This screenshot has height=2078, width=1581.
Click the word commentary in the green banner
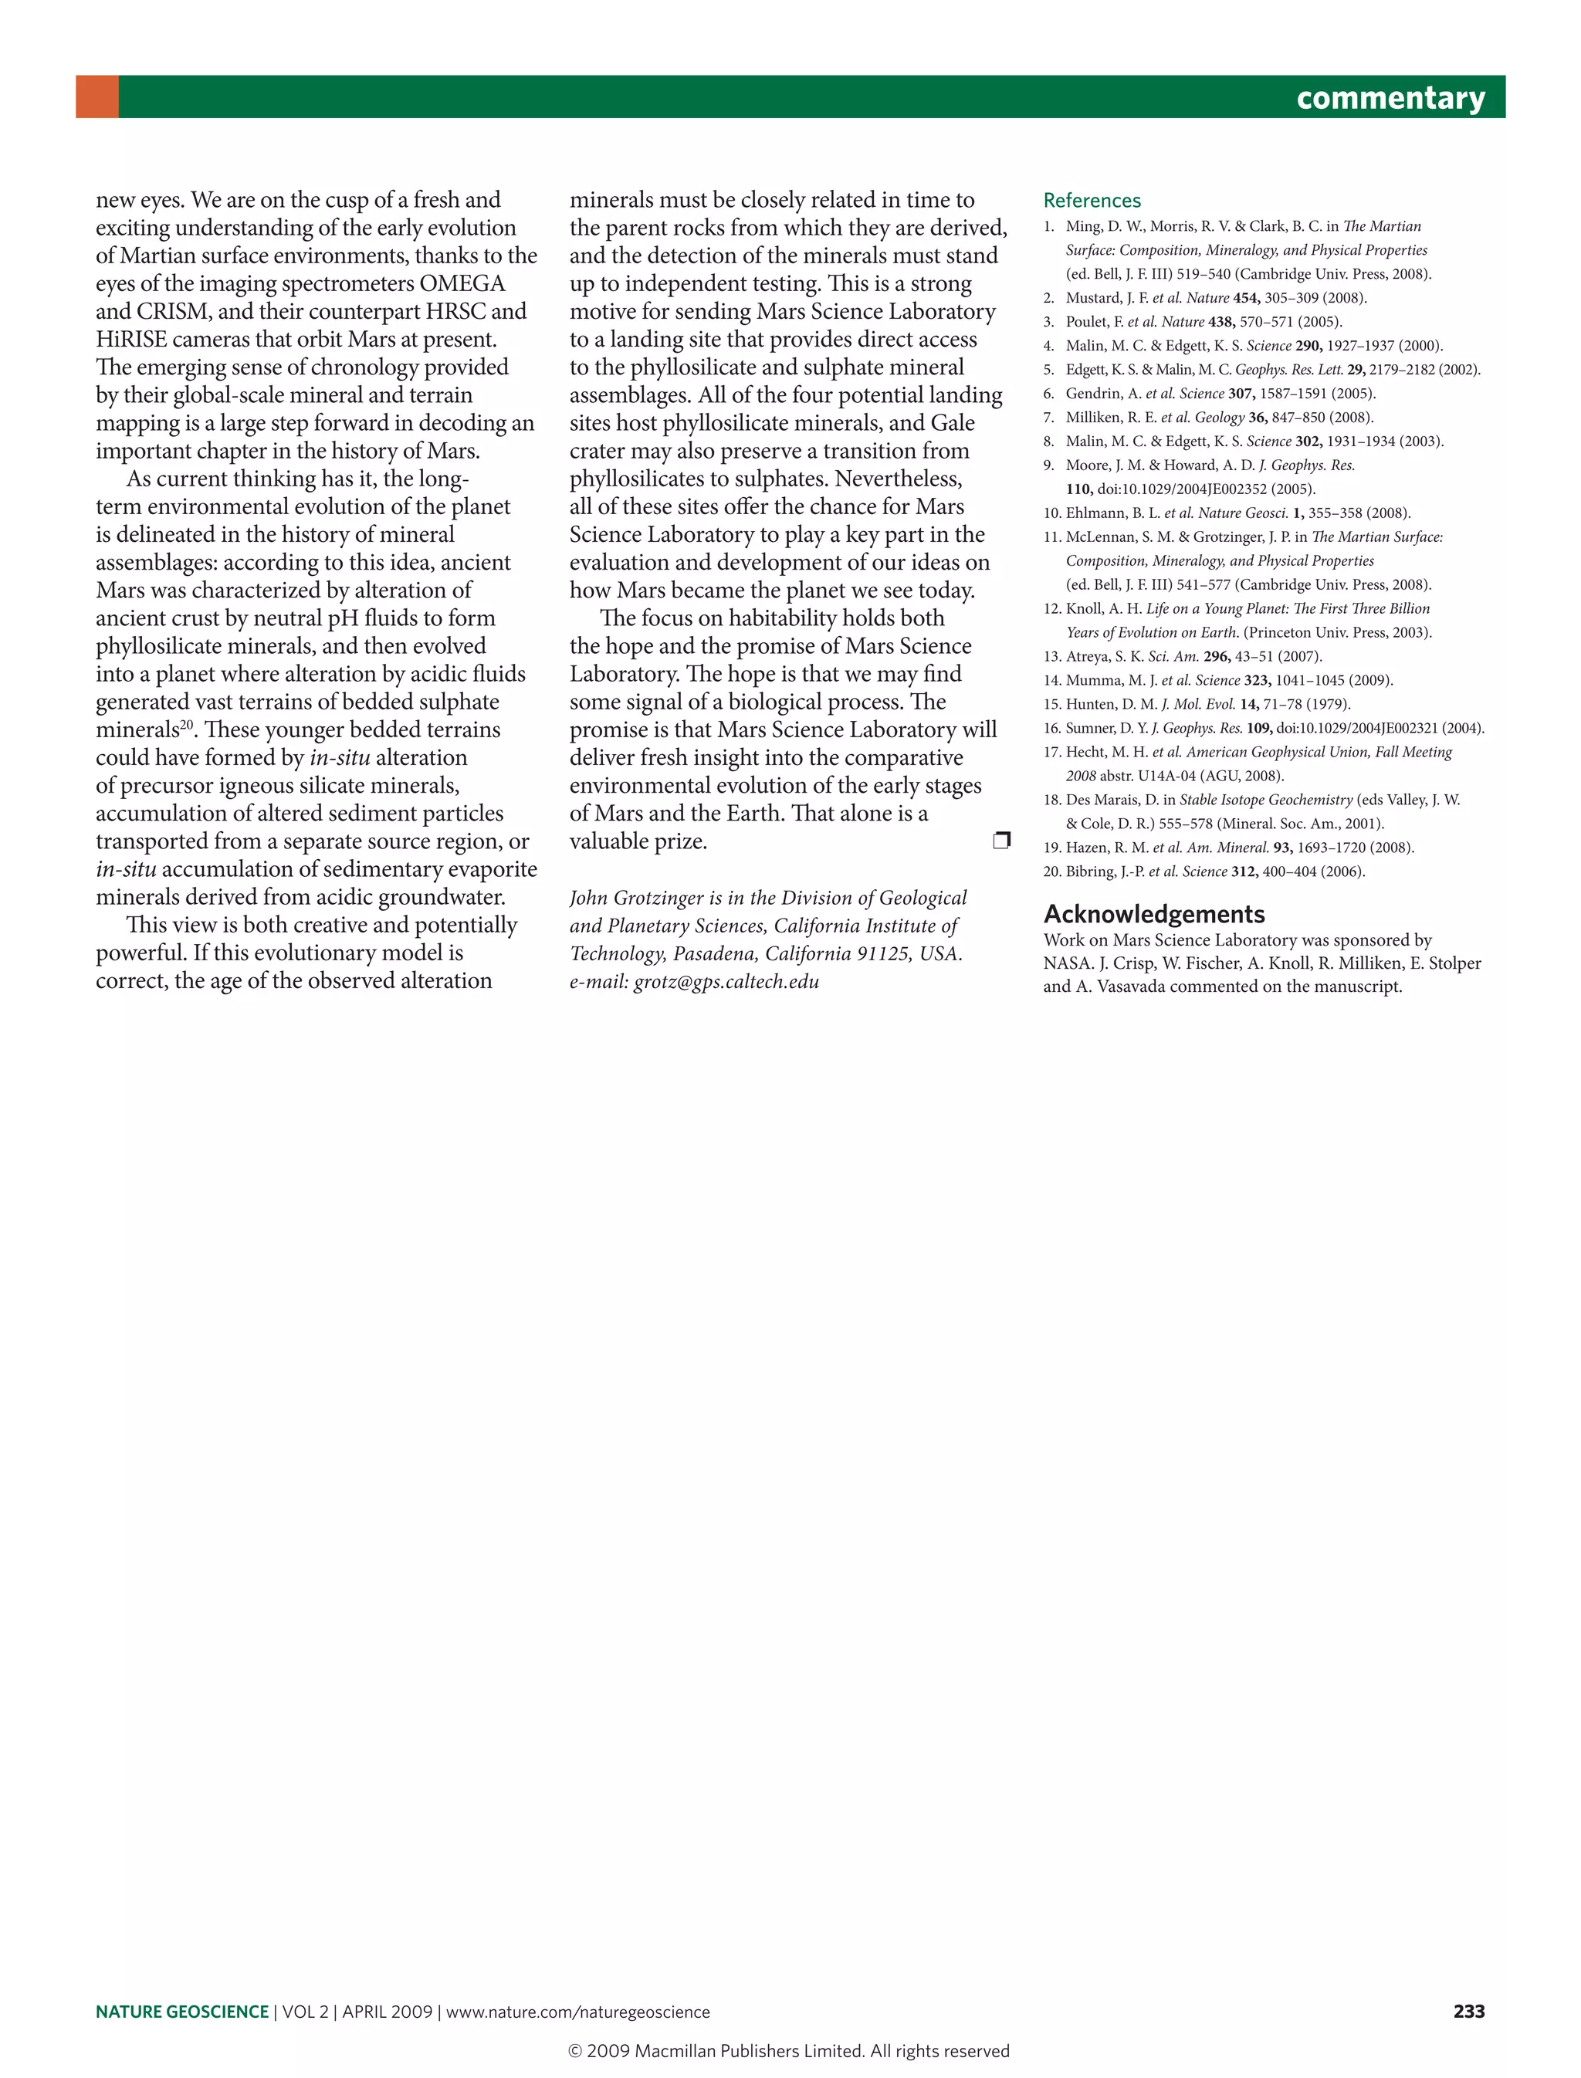(x=1390, y=97)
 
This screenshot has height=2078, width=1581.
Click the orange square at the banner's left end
(x=97, y=97)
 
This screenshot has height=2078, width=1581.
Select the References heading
(x=1092, y=201)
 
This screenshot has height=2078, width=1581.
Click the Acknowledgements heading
(x=1154, y=914)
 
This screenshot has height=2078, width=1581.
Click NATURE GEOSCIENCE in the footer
(x=181, y=2012)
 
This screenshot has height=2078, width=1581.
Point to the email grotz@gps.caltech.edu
(x=726, y=982)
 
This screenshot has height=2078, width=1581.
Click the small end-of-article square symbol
(x=1001, y=840)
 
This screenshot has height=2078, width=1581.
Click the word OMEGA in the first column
(x=462, y=283)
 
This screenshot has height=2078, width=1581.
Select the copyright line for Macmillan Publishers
(x=789, y=2051)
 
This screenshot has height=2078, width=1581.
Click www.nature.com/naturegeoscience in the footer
(x=577, y=2012)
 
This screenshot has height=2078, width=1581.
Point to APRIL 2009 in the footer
(x=387, y=2012)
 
